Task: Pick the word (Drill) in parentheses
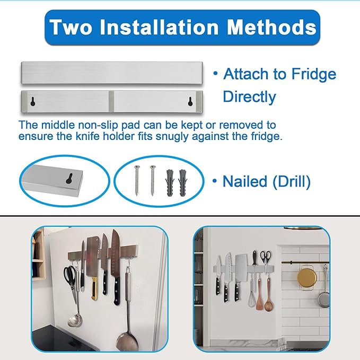pyautogui.click(x=291, y=182)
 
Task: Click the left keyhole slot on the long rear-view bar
pyautogui.click(x=33, y=101)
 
